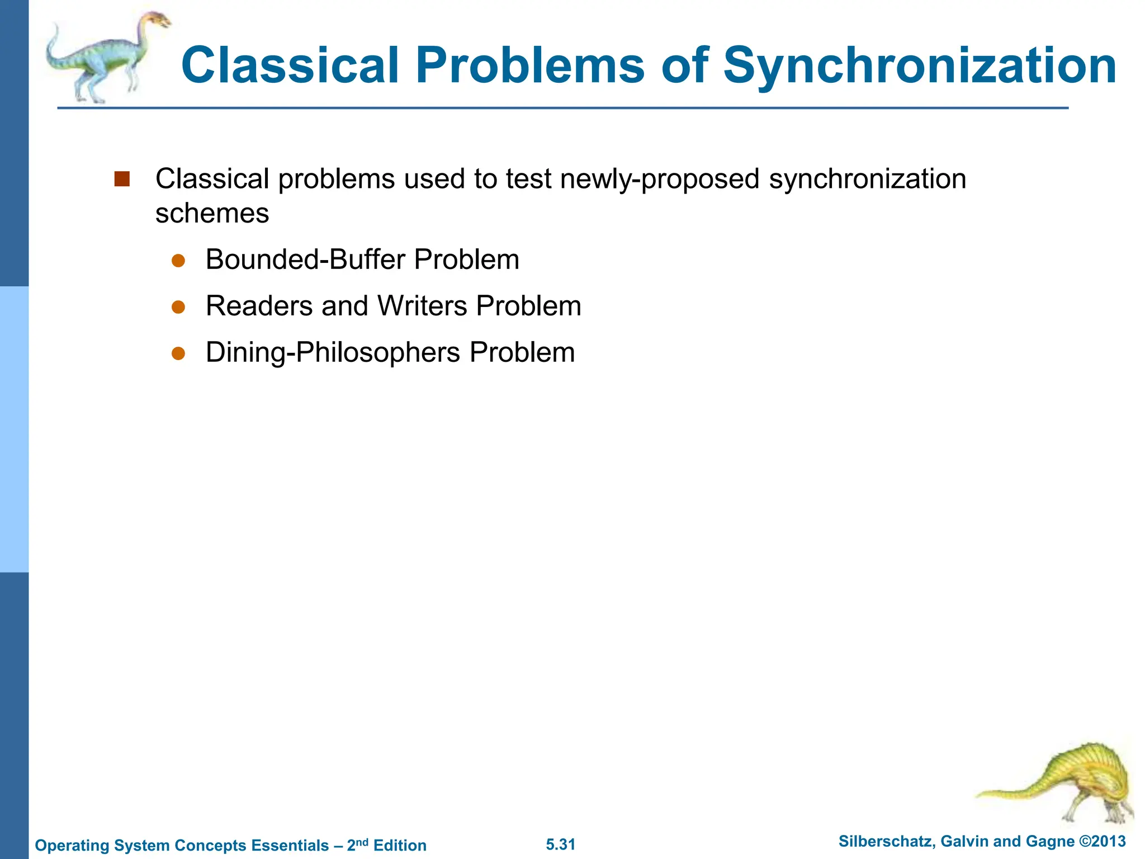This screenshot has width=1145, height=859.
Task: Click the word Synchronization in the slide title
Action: pyautogui.click(x=919, y=66)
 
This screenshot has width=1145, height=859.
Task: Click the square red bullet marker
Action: pyautogui.click(x=122, y=179)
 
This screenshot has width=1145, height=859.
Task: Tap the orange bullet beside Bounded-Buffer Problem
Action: pyautogui.click(x=178, y=261)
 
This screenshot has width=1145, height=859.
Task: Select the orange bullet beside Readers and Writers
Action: pyautogui.click(x=178, y=307)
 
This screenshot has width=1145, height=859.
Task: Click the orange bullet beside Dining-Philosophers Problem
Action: pyautogui.click(x=178, y=353)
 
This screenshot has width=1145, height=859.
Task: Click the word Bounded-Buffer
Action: pyautogui.click(x=305, y=259)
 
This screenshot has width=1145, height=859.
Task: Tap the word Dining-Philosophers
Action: pyautogui.click(x=333, y=352)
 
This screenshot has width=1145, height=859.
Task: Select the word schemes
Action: pyautogui.click(x=212, y=214)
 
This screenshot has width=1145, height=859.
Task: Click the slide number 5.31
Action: pyautogui.click(x=560, y=844)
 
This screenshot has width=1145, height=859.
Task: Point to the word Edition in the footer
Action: pyautogui.click(x=400, y=845)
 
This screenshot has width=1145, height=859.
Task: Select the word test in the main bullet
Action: pyautogui.click(x=528, y=179)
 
